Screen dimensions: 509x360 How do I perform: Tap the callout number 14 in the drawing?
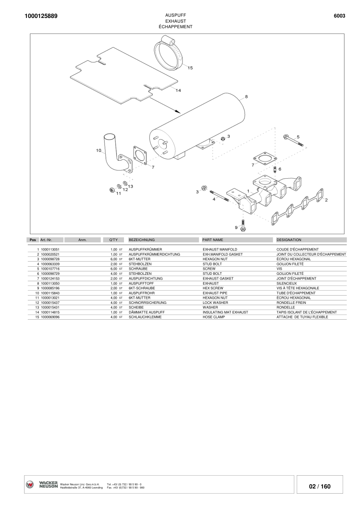(x=178, y=90)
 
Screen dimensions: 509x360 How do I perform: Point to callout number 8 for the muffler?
(x=246, y=96)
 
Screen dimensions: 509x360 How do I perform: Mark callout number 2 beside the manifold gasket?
(x=326, y=200)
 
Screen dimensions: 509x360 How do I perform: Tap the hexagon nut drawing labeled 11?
(x=112, y=189)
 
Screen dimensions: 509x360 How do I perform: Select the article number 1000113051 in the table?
(x=50, y=249)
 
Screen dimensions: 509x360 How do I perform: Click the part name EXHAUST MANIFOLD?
(x=219, y=249)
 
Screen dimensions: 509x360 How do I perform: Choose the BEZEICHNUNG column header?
(x=142, y=240)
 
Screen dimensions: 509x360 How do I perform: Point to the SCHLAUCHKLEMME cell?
(x=145, y=317)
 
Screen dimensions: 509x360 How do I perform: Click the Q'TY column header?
(x=113, y=240)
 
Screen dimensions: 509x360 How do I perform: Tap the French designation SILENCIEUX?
(x=286, y=283)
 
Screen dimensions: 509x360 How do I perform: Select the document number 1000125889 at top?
(x=41, y=16)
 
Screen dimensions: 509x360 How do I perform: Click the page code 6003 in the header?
(x=339, y=16)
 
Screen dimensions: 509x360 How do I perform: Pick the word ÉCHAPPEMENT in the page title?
(x=175, y=26)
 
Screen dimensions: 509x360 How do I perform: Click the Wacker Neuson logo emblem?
(x=30, y=484)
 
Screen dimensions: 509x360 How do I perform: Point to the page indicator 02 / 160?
(x=320, y=486)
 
